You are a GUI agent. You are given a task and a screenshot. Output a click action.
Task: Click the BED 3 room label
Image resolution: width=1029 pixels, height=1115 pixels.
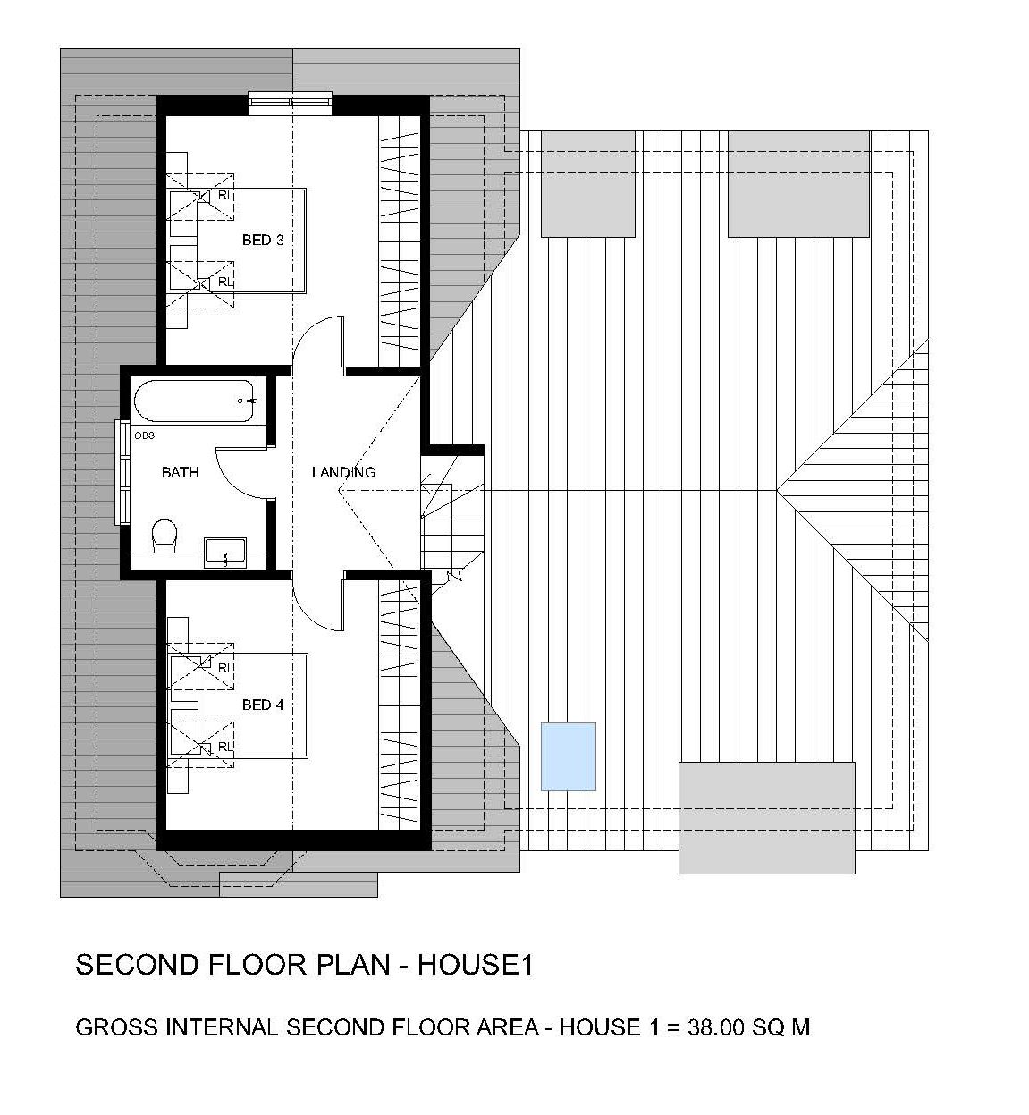coord(263,241)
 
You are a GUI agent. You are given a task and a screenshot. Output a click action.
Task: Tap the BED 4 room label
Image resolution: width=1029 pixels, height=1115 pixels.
coord(263,705)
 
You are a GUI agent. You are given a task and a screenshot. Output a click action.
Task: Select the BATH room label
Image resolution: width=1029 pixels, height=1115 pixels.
coord(181,472)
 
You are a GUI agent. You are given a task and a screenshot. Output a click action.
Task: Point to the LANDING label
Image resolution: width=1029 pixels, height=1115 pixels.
coord(343,472)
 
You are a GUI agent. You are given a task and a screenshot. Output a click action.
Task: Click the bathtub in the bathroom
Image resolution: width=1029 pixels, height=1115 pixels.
coord(195,401)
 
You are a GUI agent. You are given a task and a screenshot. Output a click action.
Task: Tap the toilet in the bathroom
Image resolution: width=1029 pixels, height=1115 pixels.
coord(164,535)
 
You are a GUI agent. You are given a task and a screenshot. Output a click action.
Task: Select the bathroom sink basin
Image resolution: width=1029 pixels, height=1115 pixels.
coord(225,552)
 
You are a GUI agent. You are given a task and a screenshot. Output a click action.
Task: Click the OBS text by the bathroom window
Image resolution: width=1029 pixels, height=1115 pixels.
coord(144,435)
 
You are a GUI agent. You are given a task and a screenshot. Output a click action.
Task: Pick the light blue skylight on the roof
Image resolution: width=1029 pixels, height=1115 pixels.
coord(568,756)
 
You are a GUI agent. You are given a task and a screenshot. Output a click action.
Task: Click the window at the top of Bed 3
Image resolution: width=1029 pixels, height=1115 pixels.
coord(290,101)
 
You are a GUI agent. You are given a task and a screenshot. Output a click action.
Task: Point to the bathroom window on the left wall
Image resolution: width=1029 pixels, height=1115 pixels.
coord(122,472)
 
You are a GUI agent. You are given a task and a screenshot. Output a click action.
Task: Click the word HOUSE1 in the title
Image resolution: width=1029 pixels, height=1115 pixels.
coord(476,965)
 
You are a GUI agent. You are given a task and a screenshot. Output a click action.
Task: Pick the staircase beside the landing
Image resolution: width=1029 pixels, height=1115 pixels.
coord(451,522)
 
